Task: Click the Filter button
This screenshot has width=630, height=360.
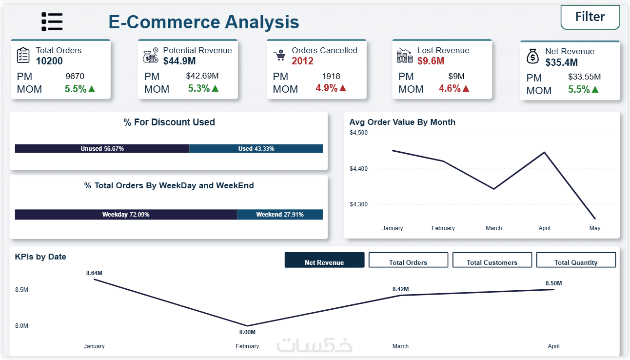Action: click(590, 17)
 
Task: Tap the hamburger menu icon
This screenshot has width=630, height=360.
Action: click(52, 22)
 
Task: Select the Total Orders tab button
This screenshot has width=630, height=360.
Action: click(408, 260)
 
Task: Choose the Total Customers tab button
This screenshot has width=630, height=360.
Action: click(492, 260)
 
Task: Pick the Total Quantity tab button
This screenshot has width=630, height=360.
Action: click(576, 260)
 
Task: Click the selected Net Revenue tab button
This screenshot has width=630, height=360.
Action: click(324, 260)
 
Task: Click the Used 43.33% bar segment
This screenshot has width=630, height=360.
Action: click(256, 149)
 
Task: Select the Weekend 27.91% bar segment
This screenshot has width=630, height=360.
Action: click(280, 215)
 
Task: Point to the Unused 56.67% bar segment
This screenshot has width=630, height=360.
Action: click(102, 149)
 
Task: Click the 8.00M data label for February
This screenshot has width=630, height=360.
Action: click(247, 332)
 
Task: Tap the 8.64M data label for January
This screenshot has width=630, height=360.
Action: click(94, 273)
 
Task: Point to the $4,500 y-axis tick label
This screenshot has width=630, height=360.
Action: click(358, 133)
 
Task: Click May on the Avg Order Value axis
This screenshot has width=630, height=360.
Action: click(595, 228)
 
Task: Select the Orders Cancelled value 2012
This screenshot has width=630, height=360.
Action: click(302, 61)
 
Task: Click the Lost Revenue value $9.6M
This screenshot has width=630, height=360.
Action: click(431, 61)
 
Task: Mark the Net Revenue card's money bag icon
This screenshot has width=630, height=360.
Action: click(533, 57)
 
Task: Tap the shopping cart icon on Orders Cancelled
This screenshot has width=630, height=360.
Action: click(279, 56)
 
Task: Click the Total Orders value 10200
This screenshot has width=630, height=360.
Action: click(49, 61)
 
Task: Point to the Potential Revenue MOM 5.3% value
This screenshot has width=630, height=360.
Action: click(199, 89)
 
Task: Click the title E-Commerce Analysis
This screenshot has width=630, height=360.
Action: click(204, 22)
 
